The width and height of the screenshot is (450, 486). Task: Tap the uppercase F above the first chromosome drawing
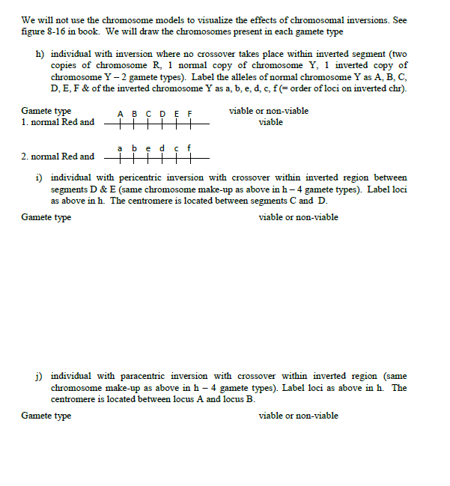tap(190, 114)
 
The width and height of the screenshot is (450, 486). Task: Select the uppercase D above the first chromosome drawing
tap(162, 114)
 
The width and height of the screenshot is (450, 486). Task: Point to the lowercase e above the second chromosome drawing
tap(148, 148)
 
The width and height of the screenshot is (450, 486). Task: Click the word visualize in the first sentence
tap(194, 20)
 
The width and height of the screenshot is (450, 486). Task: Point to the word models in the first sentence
tap(157, 20)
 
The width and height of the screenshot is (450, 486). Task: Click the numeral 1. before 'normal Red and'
tap(25, 123)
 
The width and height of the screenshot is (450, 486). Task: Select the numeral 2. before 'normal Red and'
tap(25, 157)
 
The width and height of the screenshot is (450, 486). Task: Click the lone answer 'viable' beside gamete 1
tap(270, 122)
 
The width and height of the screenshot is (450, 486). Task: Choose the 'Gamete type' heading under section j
tap(46, 416)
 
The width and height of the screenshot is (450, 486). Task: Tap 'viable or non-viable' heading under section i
tap(298, 217)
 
